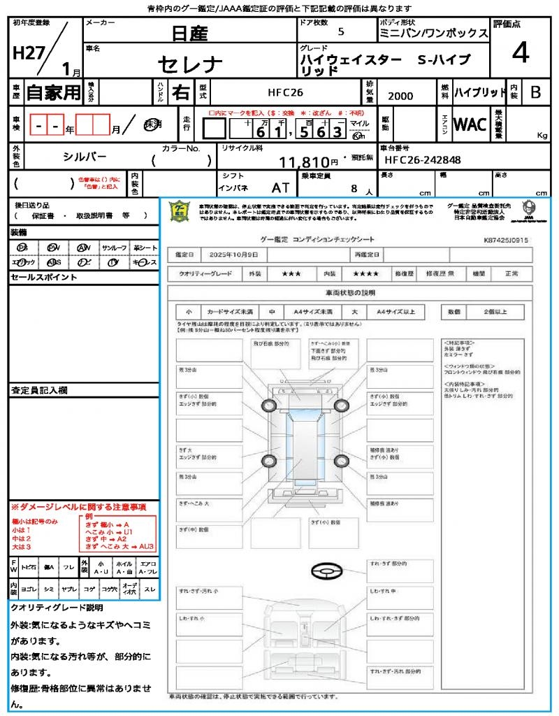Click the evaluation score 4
point(519,52)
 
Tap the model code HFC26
point(285,92)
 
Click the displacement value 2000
point(400,96)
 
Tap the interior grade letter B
point(535,92)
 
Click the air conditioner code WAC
point(470,124)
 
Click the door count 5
point(340,31)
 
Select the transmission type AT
point(280,187)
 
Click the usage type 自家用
point(54,92)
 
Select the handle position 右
point(181,92)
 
